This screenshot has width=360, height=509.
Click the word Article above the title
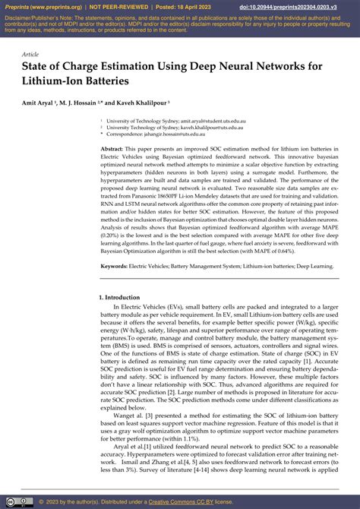30,55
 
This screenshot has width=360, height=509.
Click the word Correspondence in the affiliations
127,134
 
